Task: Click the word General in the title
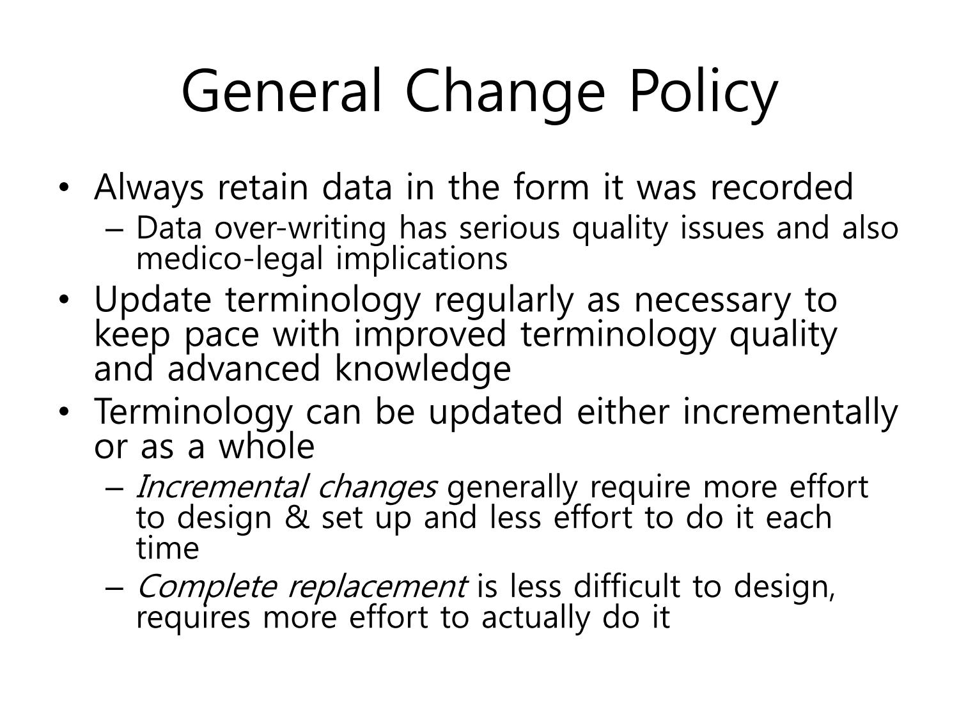[x=281, y=92]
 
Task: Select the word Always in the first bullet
[x=149, y=189]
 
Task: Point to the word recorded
[x=782, y=187]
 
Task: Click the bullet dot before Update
[x=64, y=300]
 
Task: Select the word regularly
[x=503, y=301]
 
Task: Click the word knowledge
[x=423, y=369]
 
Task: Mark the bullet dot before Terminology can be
[x=64, y=412]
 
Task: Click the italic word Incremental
[x=221, y=487]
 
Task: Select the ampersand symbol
[x=297, y=518]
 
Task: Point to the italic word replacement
[x=378, y=587]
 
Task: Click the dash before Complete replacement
[x=115, y=589]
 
